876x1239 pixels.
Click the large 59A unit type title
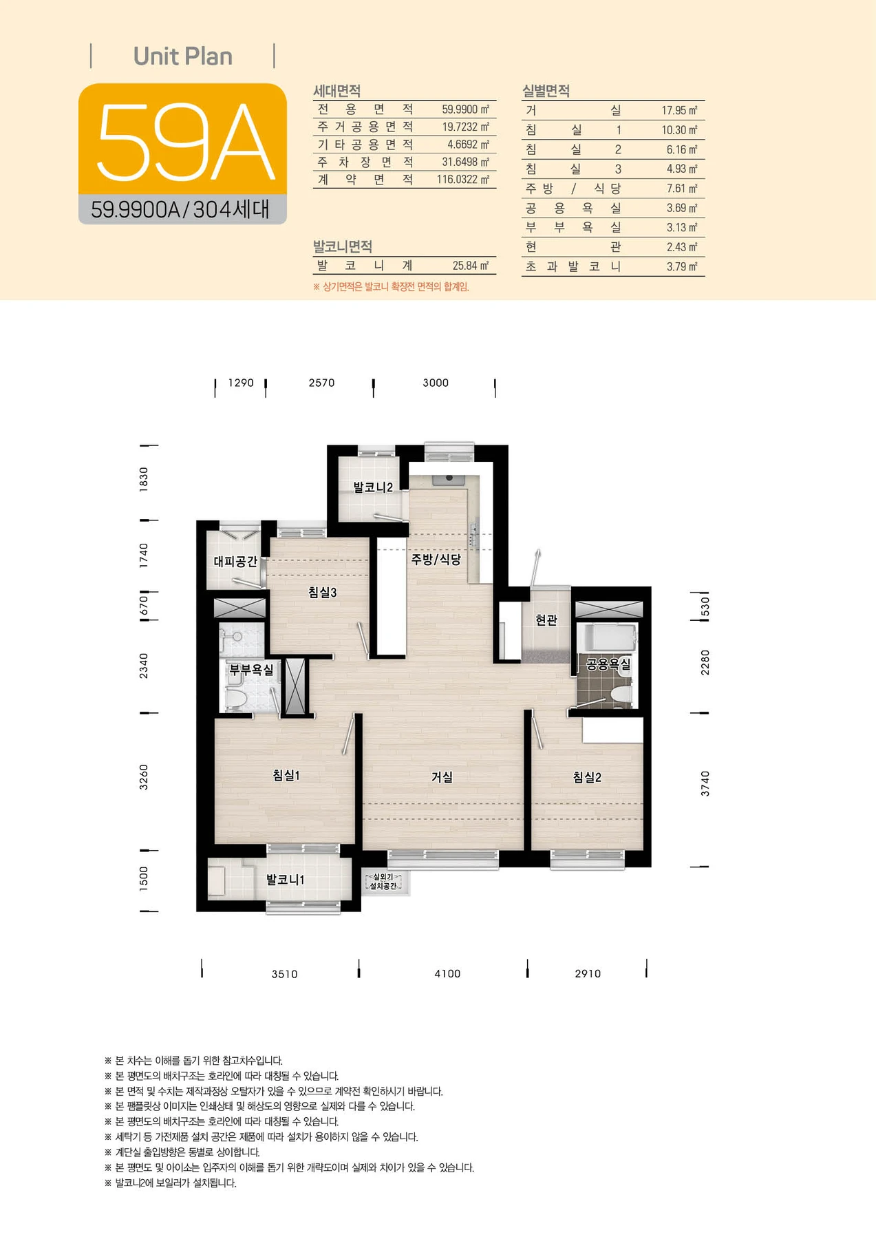click(x=186, y=142)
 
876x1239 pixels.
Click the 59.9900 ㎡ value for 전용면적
click(x=465, y=109)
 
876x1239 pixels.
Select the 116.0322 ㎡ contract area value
click(x=463, y=180)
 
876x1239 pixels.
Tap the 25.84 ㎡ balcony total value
click(x=471, y=266)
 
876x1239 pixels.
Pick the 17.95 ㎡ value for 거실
click(x=679, y=110)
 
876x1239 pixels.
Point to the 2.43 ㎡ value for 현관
click(x=681, y=247)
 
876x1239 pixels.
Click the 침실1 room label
click(x=286, y=776)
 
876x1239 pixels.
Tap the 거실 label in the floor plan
click(x=442, y=777)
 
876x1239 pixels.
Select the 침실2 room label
click(x=587, y=777)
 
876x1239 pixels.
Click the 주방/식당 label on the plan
click(x=436, y=560)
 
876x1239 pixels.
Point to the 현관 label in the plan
click(x=546, y=620)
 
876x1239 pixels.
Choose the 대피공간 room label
click(x=235, y=562)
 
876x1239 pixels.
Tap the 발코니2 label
click(x=373, y=487)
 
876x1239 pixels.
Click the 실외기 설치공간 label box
click(x=383, y=881)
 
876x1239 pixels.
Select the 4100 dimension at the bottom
click(x=447, y=973)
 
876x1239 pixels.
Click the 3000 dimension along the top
click(x=436, y=383)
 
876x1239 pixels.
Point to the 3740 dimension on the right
click(x=705, y=784)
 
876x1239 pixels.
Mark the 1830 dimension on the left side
click(x=144, y=479)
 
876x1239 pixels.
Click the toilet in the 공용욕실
click(x=621, y=696)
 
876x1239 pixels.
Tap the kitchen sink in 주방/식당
click(x=449, y=479)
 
